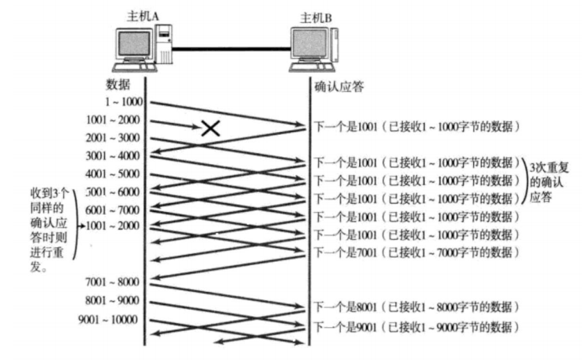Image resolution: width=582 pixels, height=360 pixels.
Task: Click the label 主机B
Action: tap(314, 16)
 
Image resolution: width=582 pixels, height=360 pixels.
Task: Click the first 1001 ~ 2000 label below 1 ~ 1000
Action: tap(114, 120)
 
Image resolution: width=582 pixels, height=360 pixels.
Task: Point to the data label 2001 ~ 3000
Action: tap(114, 138)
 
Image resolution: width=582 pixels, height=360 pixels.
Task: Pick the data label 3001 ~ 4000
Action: tap(114, 156)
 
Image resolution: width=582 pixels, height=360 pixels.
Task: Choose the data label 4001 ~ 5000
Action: tap(114, 174)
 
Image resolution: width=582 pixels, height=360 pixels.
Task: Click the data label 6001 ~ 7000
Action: tap(114, 210)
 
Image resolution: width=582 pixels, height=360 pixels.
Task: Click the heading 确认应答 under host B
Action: tap(340, 86)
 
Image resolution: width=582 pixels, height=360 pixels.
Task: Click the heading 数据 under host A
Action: tap(118, 85)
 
